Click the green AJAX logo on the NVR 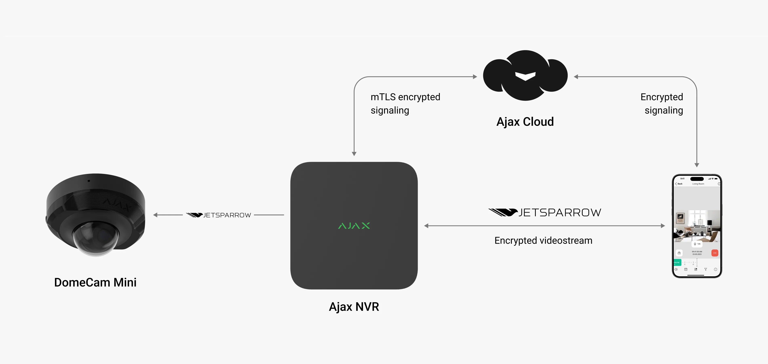point(354,226)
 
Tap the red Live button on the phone point(715,253)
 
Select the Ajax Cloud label point(525,122)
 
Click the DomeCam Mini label point(95,282)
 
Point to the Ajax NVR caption point(354,307)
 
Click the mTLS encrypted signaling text point(405,104)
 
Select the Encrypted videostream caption point(543,240)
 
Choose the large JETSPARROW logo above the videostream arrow point(545,212)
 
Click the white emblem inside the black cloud point(525,76)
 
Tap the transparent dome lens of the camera point(95,239)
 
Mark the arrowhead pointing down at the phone point(697,165)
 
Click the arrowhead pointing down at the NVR point(354,154)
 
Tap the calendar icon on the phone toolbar point(686,269)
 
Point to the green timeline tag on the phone point(677,262)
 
